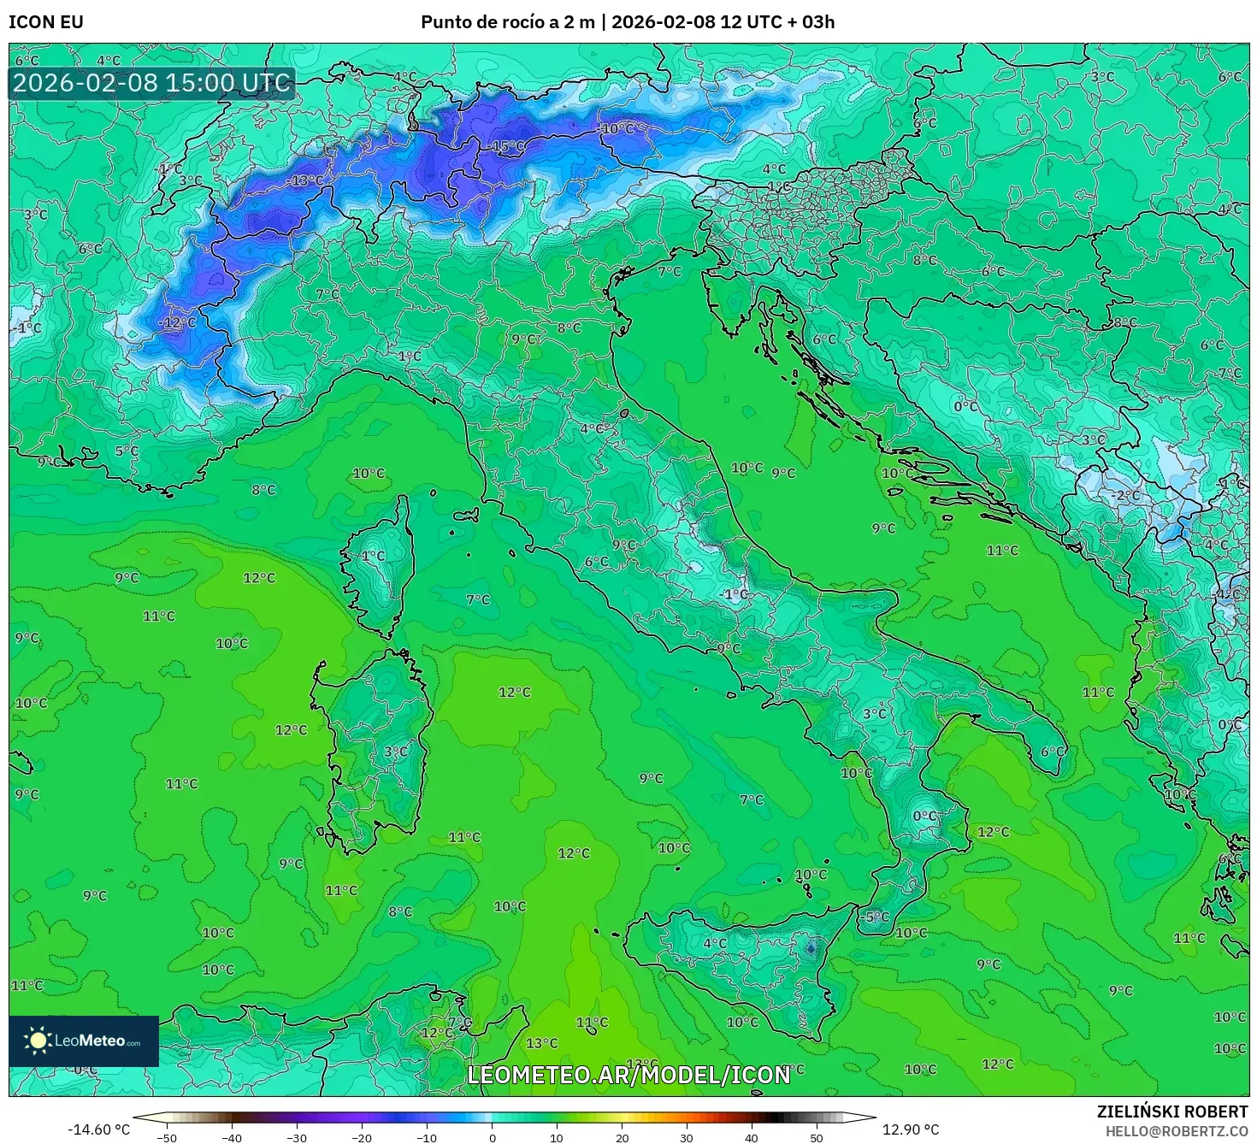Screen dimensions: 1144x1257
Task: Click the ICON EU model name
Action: tap(46, 22)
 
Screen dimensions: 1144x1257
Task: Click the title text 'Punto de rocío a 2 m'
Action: tap(507, 22)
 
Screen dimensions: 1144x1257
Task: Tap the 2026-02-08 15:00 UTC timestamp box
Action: tap(152, 83)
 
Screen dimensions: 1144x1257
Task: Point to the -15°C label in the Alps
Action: tap(508, 146)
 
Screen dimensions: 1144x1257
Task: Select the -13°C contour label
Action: tap(306, 180)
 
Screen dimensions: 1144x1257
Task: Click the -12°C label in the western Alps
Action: tap(178, 322)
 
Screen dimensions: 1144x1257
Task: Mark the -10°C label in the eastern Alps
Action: tap(617, 129)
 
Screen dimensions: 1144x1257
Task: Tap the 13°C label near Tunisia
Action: tap(541, 1043)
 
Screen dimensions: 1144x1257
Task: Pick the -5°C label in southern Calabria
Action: tap(876, 917)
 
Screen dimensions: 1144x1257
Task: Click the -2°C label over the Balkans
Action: tap(1125, 495)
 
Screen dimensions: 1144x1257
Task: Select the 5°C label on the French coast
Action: tap(127, 451)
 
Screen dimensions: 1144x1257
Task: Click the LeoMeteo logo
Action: tap(84, 1041)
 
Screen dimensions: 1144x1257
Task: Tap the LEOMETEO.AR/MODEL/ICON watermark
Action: tap(628, 1075)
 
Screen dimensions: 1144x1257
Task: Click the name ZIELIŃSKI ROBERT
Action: tap(1172, 1112)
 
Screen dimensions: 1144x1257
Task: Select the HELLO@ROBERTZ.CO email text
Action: tap(1176, 1131)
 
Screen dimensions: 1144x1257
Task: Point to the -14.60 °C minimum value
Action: tap(98, 1129)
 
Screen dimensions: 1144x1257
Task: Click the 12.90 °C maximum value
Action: tap(911, 1129)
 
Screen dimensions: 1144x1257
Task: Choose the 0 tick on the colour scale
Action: tap(492, 1138)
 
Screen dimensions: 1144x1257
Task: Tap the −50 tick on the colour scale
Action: tap(167, 1138)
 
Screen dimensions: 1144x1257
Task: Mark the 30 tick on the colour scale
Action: tap(687, 1138)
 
